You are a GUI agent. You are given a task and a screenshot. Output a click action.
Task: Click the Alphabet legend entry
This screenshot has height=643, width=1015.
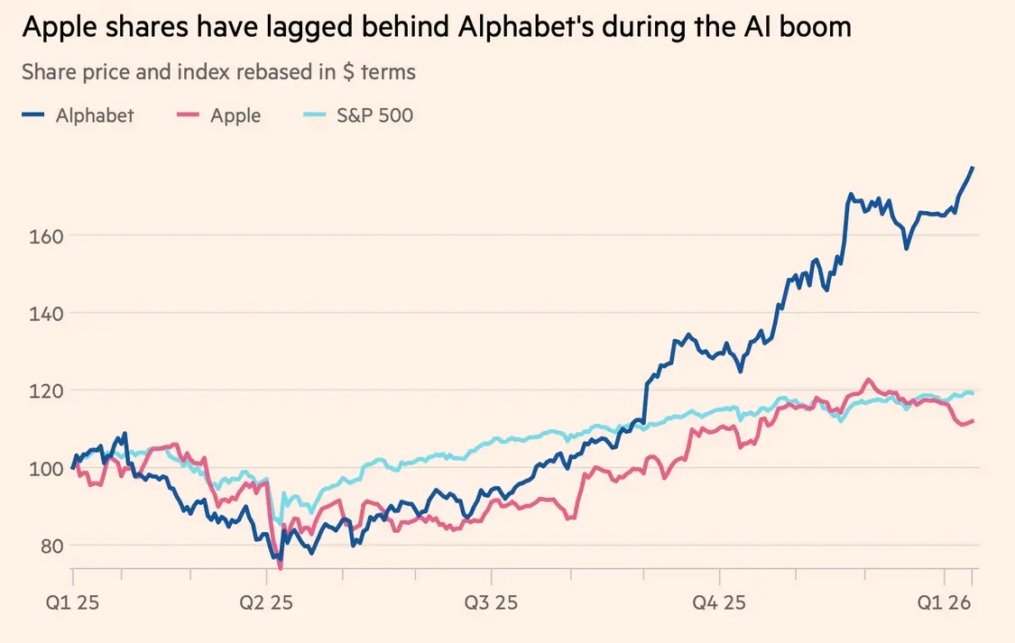coord(95,115)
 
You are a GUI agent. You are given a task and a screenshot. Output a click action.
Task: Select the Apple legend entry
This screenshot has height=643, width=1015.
coord(235,115)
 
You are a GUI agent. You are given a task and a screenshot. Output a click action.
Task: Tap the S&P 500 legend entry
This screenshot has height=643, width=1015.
coord(374,115)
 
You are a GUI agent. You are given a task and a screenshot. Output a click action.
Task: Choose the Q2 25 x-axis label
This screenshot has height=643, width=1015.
coord(265,602)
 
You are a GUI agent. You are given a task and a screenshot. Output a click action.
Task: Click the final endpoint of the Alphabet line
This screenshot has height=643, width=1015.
coord(973,167)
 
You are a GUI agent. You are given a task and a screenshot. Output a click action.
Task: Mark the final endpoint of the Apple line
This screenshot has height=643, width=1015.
coord(973,420)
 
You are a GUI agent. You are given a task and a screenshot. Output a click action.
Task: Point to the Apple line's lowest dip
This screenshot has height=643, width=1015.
coord(281,568)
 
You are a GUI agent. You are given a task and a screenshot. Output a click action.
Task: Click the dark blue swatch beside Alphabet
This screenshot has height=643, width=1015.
coord(33,115)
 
